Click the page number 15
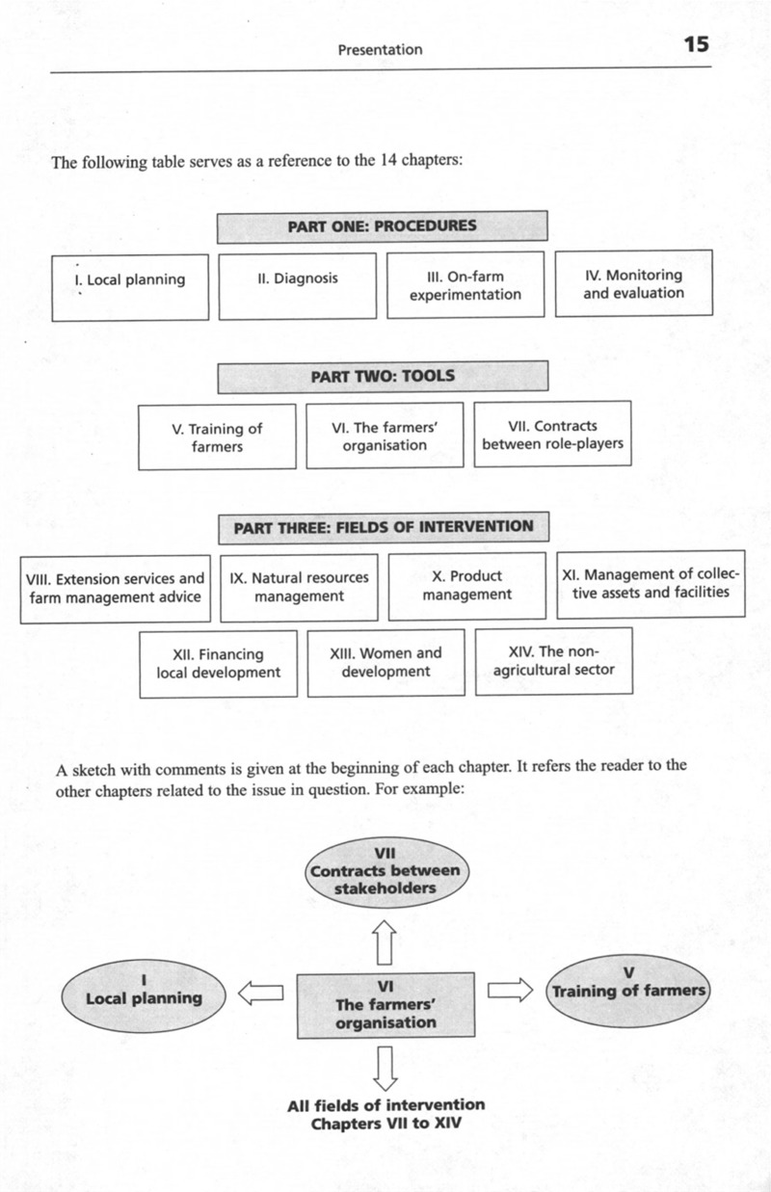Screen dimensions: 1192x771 pos(696,45)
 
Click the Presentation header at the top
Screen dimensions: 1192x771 pos(380,49)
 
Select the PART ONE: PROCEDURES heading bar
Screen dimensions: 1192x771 pos(382,227)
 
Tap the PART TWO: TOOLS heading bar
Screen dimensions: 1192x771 pos(382,376)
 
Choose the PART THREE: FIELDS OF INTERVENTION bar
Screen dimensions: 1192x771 pos(382,527)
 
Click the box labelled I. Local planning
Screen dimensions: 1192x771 pos(129,286)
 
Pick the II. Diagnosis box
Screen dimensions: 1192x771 pos(298,286)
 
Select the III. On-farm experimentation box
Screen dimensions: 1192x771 pos(465,285)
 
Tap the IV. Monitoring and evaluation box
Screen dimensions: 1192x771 pos(633,283)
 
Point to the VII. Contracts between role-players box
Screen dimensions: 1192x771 pos(552,435)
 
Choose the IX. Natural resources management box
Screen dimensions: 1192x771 pos(299,587)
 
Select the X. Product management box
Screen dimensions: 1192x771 pos(466,586)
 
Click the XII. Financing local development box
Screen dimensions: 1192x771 pos(219,662)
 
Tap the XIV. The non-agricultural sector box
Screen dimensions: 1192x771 pos(554,660)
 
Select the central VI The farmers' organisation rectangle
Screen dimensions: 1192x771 pos(385,1004)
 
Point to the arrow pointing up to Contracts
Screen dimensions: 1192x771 pos(385,940)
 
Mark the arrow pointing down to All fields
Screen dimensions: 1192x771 pos(385,1067)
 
